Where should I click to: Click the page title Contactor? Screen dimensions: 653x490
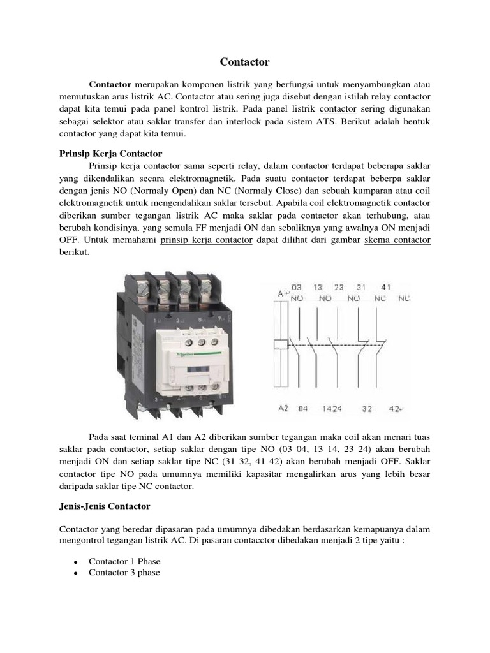(245, 62)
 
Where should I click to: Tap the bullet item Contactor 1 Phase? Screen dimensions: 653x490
(124, 561)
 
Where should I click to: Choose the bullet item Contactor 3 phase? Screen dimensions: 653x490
(124, 573)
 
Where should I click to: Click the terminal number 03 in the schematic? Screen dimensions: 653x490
(297, 288)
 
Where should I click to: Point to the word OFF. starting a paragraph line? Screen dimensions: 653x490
(71, 240)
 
